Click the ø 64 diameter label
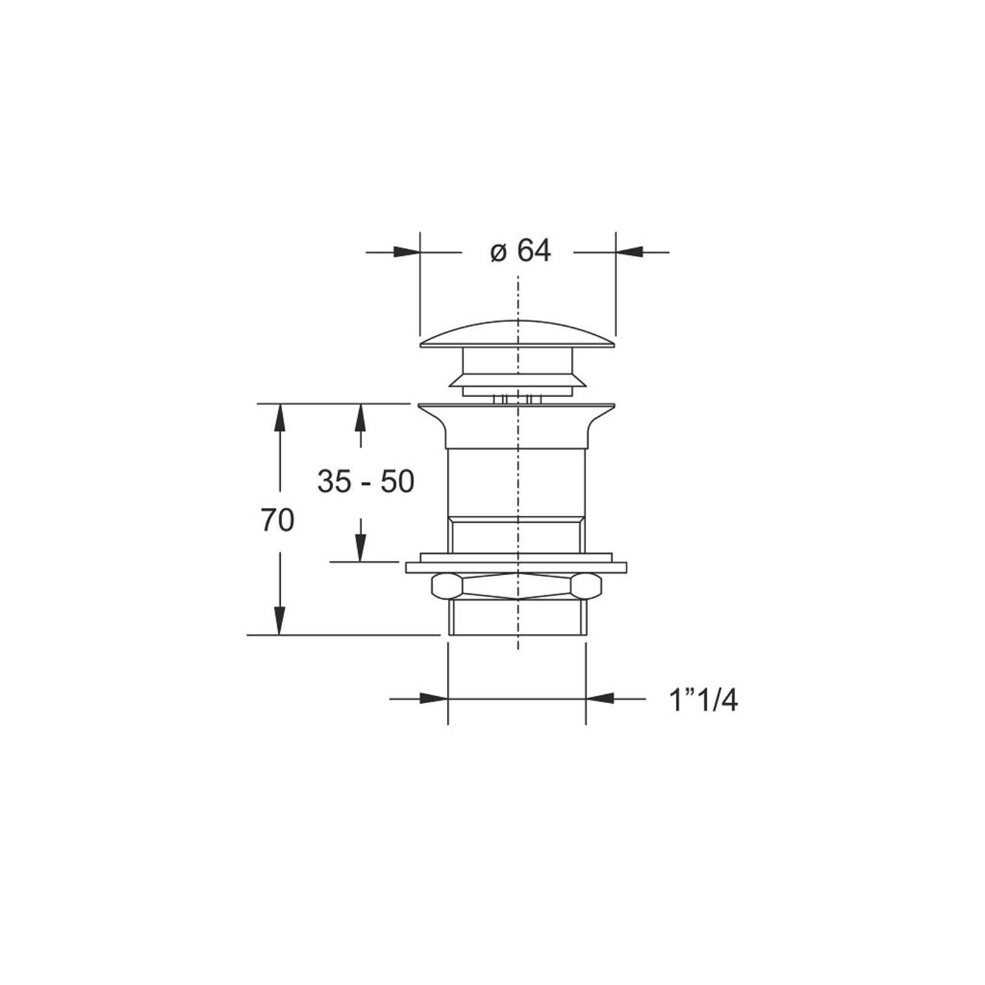click(521, 251)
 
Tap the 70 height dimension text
click(277, 520)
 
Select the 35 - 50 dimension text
click(366, 481)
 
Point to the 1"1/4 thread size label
click(704, 700)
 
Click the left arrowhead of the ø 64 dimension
click(406, 252)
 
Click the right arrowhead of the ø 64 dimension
click(629, 252)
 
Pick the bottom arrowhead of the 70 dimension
click(279, 621)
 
